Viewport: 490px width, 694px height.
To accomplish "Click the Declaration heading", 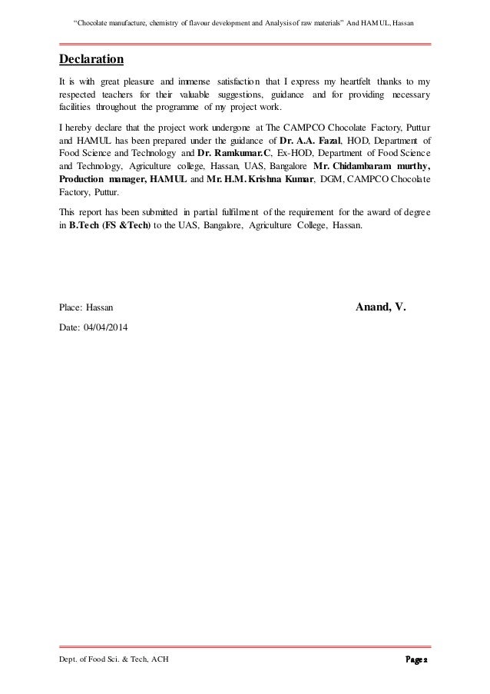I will point(91,59).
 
